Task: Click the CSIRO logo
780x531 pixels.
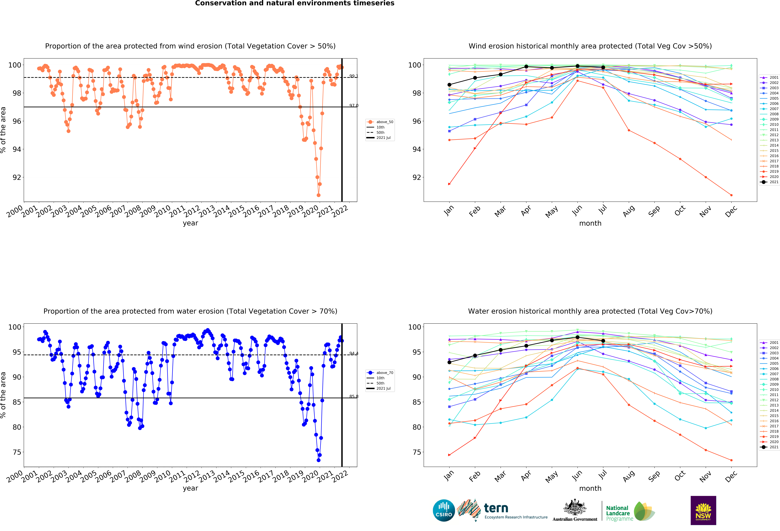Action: tap(444, 511)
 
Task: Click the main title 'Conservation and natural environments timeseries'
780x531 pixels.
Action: tap(295, 3)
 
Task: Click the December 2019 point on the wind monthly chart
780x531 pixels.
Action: tap(731, 195)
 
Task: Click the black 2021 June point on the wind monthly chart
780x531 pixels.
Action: tap(578, 66)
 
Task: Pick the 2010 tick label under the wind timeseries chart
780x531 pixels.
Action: tap(162, 211)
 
